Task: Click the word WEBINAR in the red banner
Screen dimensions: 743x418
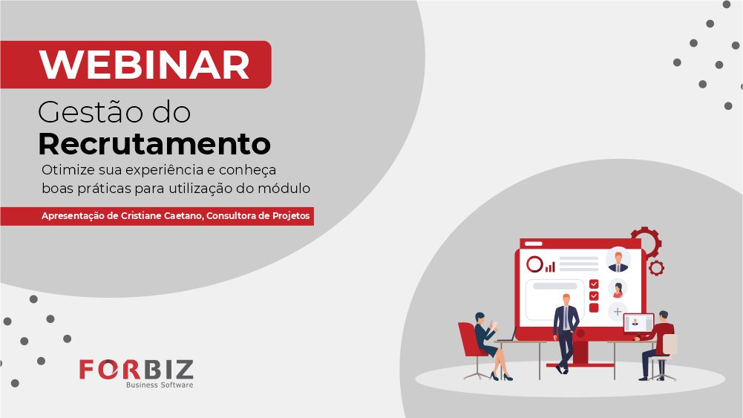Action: [x=145, y=65]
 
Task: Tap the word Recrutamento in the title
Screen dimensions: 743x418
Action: [x=154, y=143]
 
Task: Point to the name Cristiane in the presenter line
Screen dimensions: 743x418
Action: [x=141, y=215]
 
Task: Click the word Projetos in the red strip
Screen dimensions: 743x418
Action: [x=291, y=216]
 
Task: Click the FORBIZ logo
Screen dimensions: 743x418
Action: [x=137, y=370]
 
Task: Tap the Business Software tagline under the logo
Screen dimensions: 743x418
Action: [x=160, y=385]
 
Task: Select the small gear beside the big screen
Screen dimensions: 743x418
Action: [x=656, y=268]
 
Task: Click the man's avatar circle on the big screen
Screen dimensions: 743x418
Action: [x=618, y=260]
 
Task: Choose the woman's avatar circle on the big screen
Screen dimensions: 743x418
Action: [x=618, y=289]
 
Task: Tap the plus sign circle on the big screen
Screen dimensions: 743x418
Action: [x=618, y=311]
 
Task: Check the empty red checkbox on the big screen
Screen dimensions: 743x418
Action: [x=594, y=307]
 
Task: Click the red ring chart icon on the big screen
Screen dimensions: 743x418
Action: [x=534, y=264]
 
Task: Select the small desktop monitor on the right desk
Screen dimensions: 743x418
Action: [x=638, y=324]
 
